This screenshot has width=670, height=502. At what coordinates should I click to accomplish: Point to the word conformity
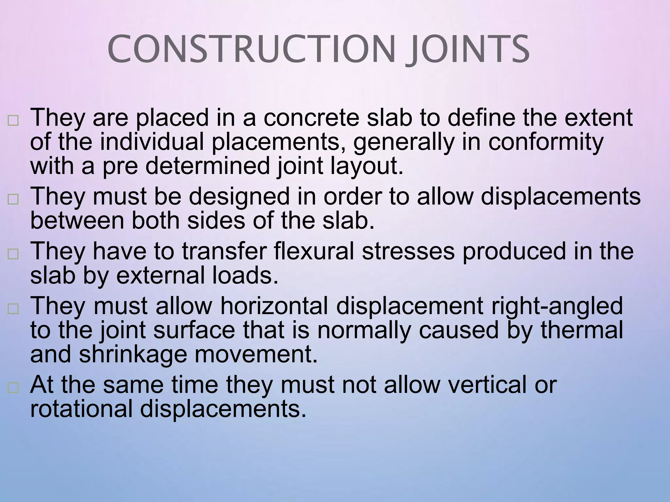point(546,142)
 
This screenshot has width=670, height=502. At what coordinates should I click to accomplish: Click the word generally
point(404,142)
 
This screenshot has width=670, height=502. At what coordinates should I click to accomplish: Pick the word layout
point(367,166)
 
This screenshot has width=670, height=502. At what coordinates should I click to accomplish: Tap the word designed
point(239,197)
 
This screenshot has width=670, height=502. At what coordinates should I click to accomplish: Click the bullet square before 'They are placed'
point(13,121)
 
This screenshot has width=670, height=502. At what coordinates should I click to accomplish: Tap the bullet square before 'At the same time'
point(13,388)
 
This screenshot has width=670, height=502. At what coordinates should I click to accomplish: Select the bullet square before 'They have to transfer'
point(13,254)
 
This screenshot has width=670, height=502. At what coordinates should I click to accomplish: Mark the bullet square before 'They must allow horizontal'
point(13,309)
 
